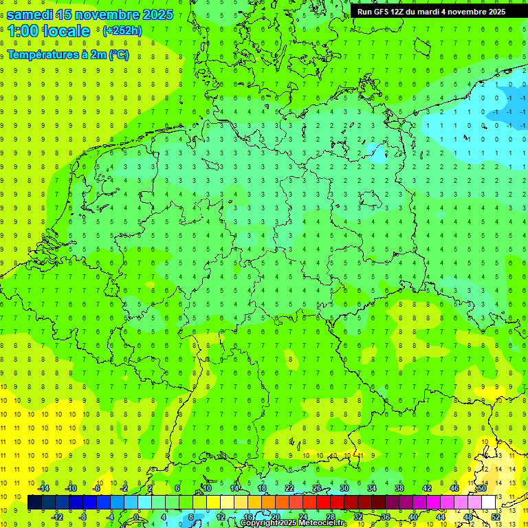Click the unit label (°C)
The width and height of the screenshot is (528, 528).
(118, 55)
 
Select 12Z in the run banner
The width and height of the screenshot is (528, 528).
(399, 12)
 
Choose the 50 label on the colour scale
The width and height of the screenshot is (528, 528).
(481, 488)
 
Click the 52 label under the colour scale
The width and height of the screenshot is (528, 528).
(495, 517)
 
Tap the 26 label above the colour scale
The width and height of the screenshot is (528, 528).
(317, 488)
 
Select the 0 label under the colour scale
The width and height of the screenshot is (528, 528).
(137, 517)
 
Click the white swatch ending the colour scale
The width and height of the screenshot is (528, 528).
(488, 503)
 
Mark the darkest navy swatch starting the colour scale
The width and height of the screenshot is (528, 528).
(34, 503)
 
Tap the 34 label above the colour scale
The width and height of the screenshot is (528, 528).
(371, 488)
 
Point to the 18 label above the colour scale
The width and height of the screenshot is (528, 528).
(262, 488)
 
